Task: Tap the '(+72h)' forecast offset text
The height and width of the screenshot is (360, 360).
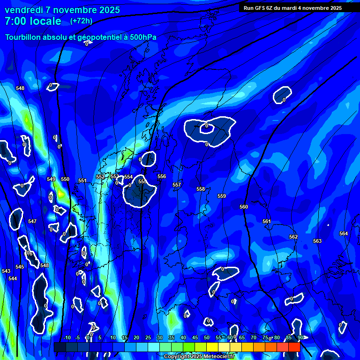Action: (x=81, y=21)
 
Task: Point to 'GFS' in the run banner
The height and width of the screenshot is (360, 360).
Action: (x=262, y=8)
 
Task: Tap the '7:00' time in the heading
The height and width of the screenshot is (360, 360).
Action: (x=15, y=21)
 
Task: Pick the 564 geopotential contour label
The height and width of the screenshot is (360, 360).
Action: (x=344, y=233)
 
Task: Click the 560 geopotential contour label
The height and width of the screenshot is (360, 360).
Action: (x=244, y=207)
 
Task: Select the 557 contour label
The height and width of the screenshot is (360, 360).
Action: (x=177, y=185)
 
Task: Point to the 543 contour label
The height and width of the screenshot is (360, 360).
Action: (x=6, y=271)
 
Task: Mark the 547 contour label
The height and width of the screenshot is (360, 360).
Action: (x=32, y=221)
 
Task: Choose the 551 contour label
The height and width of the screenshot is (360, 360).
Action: (x=82, y=180)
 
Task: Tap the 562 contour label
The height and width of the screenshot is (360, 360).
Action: (x=293, y=237)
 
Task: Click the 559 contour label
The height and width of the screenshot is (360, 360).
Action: (x=222, y=196)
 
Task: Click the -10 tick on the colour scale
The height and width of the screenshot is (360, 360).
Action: (x=67, y=338)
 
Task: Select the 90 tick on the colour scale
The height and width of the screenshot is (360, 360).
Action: (x=300, y=338)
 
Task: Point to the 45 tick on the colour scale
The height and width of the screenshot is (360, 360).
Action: (x=195, y=338)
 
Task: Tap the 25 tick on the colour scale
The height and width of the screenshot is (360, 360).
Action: (x=148, y=338)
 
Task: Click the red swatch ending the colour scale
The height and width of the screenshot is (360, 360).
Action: (x=294, y=347)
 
